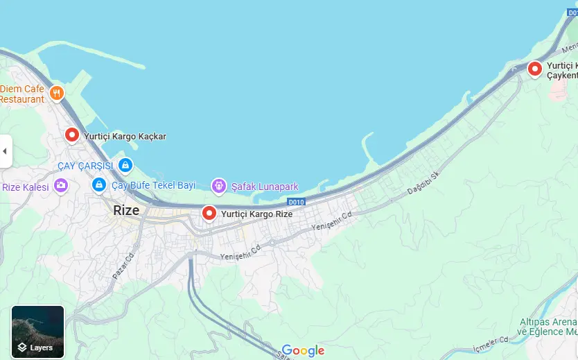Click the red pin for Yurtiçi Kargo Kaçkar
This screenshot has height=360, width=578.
(x=72, y=135)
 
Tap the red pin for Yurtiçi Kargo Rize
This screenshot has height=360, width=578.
(x=209, y=213)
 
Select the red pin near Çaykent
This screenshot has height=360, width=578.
(x=534, y=69)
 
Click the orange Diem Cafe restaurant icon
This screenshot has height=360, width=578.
(x=57, y=92)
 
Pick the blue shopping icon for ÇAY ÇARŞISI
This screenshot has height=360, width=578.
(x=125, y=165)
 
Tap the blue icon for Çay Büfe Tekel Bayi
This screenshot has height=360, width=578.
(x=99, y=185)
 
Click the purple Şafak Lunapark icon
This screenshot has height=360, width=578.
(x=219, y=185)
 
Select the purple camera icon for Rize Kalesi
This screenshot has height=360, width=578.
(x=60, y=185)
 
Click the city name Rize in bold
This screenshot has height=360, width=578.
(x=126, y=210)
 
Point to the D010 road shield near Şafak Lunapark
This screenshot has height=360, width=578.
(x=297, y=202)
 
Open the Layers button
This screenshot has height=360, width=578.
(x=38, y=332)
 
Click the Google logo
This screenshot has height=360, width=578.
(x=303, y=351)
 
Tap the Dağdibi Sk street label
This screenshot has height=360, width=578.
(x=425, y=182)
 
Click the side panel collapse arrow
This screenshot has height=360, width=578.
(x=6, y=151)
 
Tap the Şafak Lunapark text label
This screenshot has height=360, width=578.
(x=265, y=186)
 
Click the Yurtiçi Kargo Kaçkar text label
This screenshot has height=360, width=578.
(x=125, y=137)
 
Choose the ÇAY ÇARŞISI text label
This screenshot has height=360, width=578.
(x=85, y=166)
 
